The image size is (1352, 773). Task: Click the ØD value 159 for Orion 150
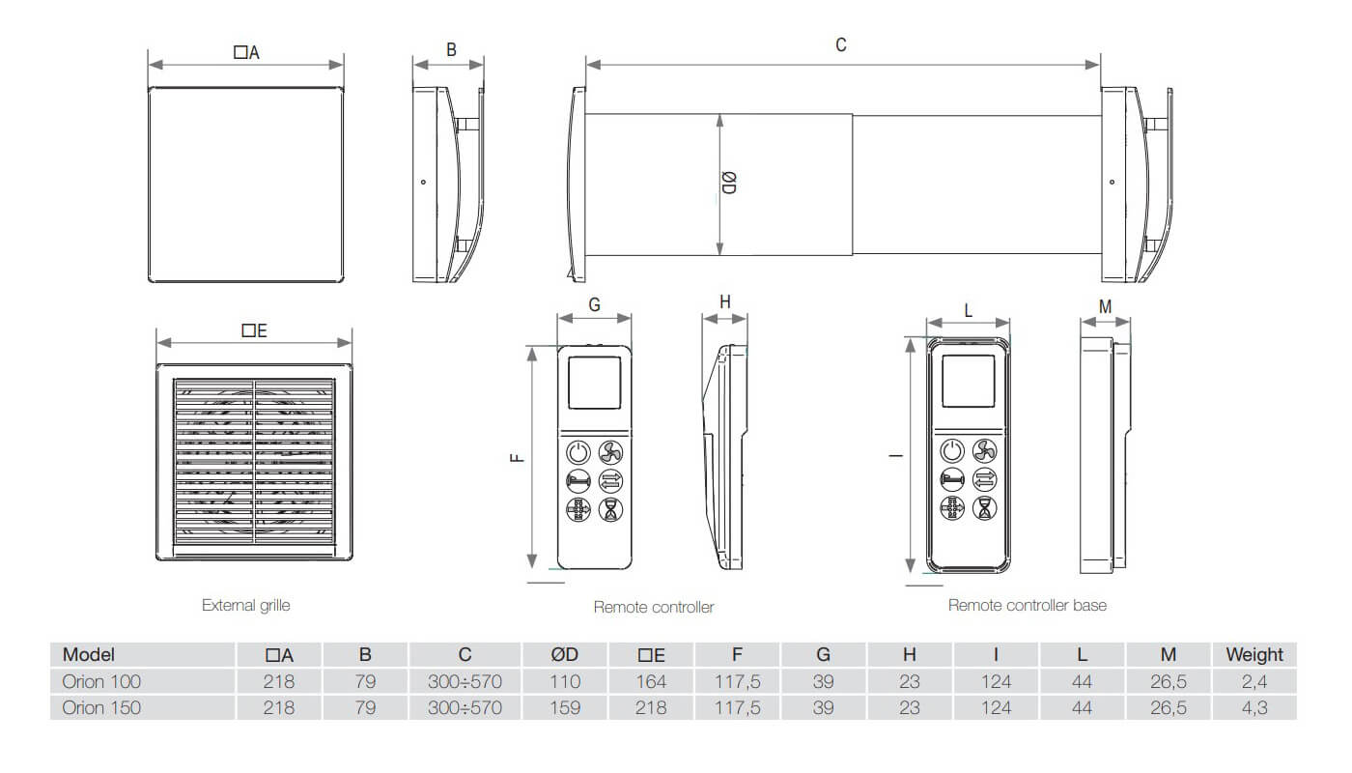point(565,707)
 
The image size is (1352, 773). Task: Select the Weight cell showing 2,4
point(1254,681)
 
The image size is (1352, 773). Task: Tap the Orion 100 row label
point(101,681)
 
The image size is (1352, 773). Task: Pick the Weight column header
point(1254,655)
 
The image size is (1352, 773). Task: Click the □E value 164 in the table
point(651,681)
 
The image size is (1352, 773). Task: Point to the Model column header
point(89,655)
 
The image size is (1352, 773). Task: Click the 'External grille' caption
point(245,606)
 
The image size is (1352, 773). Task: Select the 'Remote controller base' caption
point(1027,606)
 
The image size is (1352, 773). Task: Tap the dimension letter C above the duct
point(841,45)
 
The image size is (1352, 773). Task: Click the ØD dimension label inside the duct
point(729,183)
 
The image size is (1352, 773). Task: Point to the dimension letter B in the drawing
point(451,50)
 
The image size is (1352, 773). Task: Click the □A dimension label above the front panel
point(246,53)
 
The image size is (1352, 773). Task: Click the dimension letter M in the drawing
point(1106,307)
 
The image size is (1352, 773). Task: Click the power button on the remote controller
point(577,452)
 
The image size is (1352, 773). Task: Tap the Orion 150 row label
point(101,707)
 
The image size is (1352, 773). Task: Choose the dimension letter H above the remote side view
point(725,301)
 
